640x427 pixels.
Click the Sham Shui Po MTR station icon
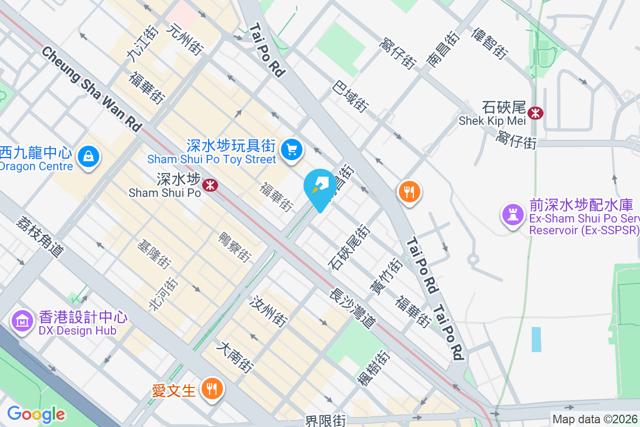(x=212, y=185)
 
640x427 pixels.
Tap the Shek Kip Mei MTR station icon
(x=535, y=113)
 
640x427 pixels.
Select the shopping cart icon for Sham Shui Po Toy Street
(x=292, y=149)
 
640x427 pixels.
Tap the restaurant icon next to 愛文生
(x=212, y=388)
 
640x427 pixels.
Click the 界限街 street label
(x=326, y=421)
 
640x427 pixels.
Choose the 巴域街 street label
(x=350, y=96)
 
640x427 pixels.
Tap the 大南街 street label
(x=235, y=357)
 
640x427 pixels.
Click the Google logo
(x=36, y=414)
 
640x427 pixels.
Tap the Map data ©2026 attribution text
(x=595, y=419)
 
